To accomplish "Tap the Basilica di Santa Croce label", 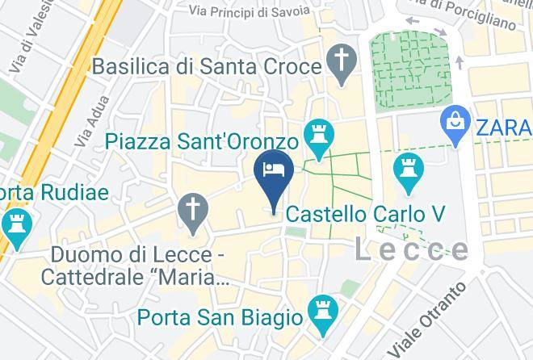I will (207, 66).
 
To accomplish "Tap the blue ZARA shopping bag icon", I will (455, 123).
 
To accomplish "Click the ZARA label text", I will (503, 128).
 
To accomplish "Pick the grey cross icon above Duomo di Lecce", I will (193, 213).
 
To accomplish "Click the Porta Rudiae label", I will (52, 193).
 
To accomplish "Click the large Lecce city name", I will (412, 249).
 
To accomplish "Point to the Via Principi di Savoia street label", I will (250, 10).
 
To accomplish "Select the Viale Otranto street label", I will (428, 319).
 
